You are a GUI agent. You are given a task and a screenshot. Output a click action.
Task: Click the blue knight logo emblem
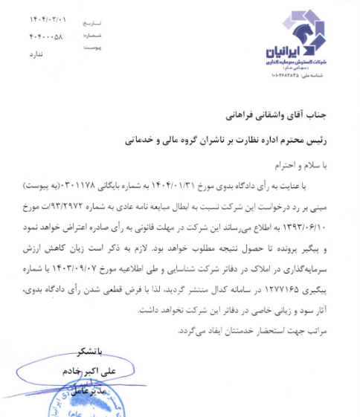[295, 28]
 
